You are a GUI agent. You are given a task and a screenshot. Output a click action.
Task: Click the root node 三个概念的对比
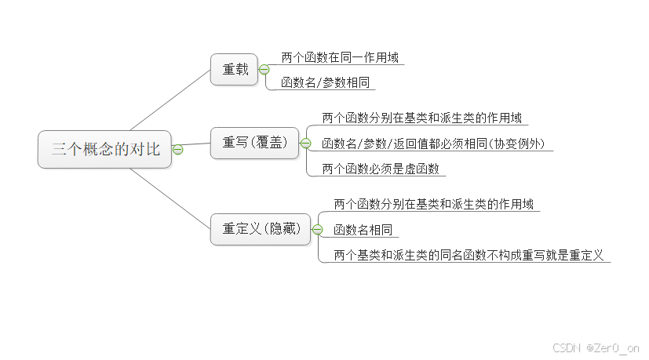click(x=104, y=149)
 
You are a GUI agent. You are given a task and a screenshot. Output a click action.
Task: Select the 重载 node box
click(x=235, y=69)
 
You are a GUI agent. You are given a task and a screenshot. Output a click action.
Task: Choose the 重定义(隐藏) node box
click(x=261, y=229)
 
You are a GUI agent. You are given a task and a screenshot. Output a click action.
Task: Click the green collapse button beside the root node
click(x=177, y=149)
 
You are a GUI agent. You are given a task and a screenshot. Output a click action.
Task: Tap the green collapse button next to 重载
click(x=264, y=70)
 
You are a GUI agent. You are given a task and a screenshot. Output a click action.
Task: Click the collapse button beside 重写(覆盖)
click(x=305, y=143)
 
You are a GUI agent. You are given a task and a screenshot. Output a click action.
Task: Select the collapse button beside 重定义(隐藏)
click(x=317, y=229)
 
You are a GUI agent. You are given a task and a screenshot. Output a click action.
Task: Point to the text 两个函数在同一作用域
click(x=339, y=57)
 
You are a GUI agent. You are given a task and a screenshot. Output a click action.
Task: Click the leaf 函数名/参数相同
click(x=325, y=82)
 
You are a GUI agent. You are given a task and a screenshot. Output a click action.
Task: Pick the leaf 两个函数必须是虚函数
click(x=381, y=169)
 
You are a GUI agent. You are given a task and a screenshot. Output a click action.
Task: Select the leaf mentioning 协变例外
click(x=437, y=144)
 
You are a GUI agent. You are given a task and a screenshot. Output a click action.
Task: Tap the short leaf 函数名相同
click(x=363, y=230)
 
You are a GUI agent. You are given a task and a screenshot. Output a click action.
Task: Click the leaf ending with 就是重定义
click(x=468, y=255)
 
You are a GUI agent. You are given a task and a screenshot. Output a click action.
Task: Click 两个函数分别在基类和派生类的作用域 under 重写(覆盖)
click(x=421, y=118)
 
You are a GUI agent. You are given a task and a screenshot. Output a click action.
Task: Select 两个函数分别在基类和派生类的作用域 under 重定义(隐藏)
click(x=433, y=204)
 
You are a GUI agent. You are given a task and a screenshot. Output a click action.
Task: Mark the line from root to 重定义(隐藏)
click(x=171, y=194)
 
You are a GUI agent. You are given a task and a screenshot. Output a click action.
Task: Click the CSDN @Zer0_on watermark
click(x=596, y=347)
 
